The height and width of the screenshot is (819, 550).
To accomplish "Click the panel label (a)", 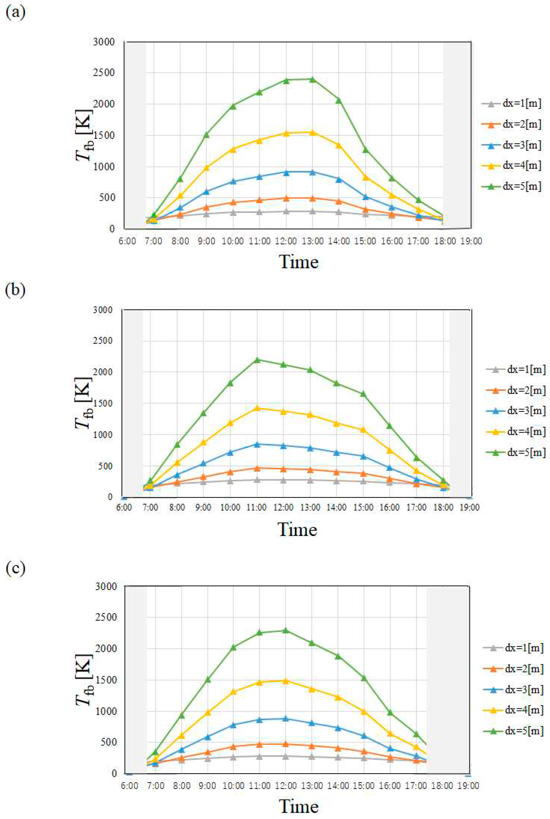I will pos(15,13).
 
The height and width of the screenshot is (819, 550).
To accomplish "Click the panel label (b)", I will pos(15,291).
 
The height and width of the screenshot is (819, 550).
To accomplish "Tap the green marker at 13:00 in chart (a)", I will pos(312,79).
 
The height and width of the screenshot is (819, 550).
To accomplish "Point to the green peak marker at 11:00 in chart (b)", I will pos(257,360).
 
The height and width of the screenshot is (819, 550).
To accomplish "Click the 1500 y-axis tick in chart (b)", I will pos(102,403).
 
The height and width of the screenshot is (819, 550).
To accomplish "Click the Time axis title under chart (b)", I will pos(297,529).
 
